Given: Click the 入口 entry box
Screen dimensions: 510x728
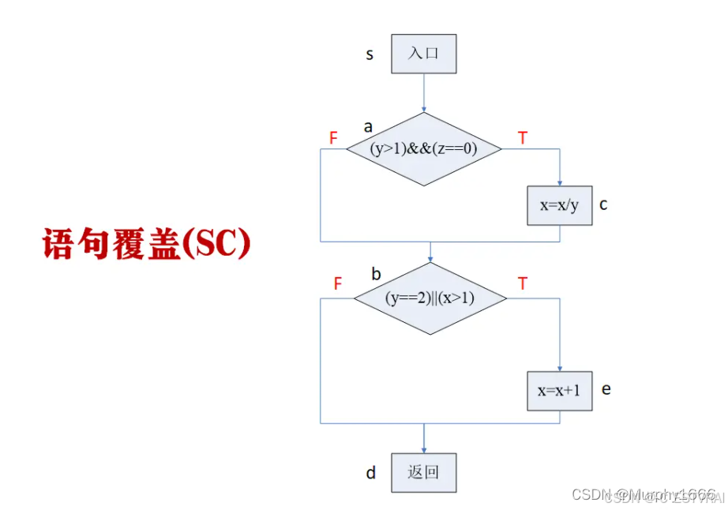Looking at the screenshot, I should (x=424, y=54).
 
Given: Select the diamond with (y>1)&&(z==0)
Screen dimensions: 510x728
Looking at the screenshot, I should (x=424, y=148).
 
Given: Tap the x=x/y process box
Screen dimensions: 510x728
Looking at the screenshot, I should (x=559, y=205).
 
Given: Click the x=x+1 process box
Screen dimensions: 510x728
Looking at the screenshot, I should (x=559, y=391).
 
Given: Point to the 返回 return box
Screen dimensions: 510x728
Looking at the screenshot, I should (x=424, y=473).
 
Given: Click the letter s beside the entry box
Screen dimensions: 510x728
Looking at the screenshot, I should (x=370, y=55).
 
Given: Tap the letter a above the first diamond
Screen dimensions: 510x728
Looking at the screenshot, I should (x=368, y=126).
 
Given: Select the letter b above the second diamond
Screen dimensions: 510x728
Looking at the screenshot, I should (x=376, y=275).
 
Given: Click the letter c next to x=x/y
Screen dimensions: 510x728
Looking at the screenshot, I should (x=603, y=205).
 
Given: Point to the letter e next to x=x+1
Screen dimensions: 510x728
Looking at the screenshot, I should (x=606, y=389).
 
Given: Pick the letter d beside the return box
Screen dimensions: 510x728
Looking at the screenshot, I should (x=370, y=474).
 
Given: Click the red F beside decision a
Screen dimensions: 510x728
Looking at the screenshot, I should (x=333, y=139).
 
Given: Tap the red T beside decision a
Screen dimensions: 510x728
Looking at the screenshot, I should (x=522, y=139).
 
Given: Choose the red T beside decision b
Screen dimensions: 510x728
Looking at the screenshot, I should (x=522, y=283).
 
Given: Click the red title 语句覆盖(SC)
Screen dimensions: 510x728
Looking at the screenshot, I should (x=146, y=244).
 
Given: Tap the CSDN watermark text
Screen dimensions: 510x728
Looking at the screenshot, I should (x=644, y=494).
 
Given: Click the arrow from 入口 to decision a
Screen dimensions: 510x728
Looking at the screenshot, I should (x=424, y=93).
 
